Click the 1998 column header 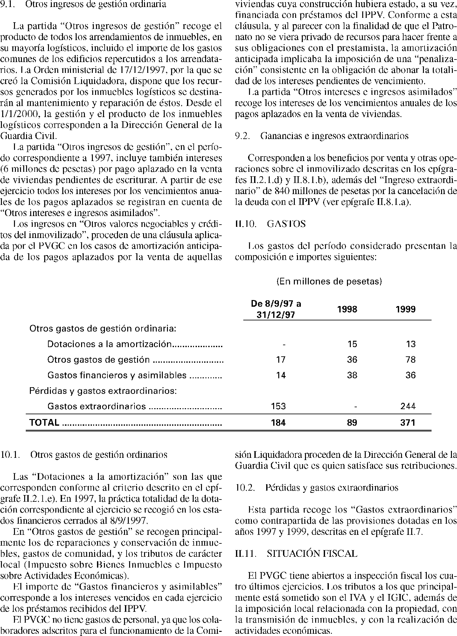tap(347, 309)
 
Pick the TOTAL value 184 tap(278, 423)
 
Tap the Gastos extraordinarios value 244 tap(408, 406)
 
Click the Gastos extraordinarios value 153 tap(278, 406)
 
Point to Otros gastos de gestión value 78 tap(411, 360)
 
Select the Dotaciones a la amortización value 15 tap(352, 344)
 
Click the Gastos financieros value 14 tap(280, 375)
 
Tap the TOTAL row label tap(44, 423)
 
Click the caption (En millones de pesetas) tap(329, 282)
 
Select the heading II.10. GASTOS tap(270, 224)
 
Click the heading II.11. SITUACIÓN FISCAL tap(296, 554)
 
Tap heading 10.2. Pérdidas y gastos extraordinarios tap(316, 487)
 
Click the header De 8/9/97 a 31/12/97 tap(276, 309)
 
